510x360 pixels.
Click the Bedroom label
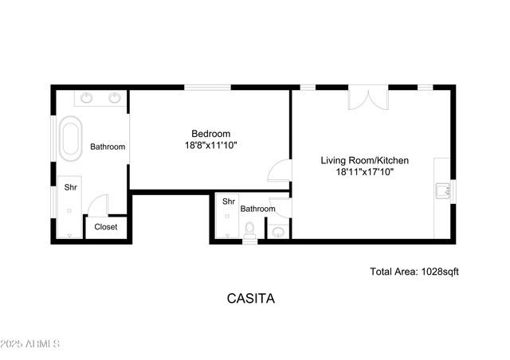click(210, 133)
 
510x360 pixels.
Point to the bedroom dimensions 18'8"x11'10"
click(210, 145)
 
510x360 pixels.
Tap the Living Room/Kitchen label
click(365, 160)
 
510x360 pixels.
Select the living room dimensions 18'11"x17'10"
click(365, 171)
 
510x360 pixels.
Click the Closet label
click(106, 227)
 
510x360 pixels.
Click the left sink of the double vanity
click(86, 98)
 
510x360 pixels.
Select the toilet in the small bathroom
click(250, 231)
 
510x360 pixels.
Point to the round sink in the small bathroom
click(278, 232)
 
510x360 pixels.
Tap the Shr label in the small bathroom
click(228, 202)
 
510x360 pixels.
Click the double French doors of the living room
click(368, 98)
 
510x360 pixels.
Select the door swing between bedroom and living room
click(279, 171)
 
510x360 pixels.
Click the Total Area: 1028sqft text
click(414, 272)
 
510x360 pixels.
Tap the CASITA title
click(251, 299)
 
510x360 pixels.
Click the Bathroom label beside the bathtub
click(108, 147)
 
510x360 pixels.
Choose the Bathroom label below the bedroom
click(258, 209)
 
